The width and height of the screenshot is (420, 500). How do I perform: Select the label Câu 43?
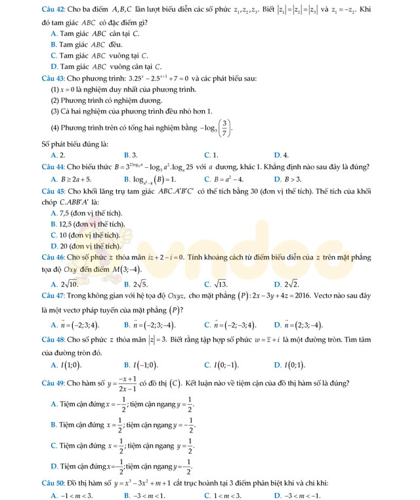(53, 77)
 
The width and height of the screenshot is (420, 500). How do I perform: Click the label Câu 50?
(53, 483)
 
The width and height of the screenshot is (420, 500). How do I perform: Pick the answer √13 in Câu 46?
(220, 284)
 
